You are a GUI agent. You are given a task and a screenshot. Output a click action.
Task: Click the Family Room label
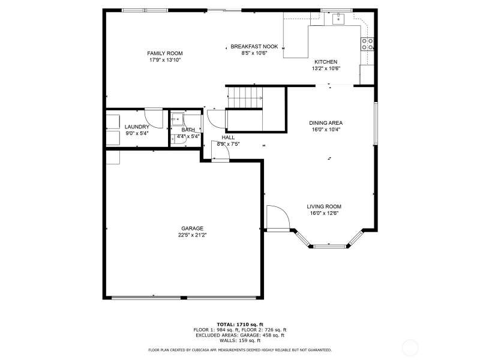click(164, 53)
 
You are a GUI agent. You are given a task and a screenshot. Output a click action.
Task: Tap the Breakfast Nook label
click(254, 47)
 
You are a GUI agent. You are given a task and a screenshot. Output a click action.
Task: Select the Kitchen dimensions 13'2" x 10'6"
click(326, 68)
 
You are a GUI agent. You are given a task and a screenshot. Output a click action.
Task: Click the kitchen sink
click(338, 19)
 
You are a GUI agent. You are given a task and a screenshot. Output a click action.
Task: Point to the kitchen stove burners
click(367, 44)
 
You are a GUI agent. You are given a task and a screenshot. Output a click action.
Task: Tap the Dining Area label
click(326, 123)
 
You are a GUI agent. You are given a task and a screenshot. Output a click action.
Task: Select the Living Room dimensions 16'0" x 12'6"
click(324, 214)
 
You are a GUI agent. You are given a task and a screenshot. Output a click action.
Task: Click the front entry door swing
click(278, 217)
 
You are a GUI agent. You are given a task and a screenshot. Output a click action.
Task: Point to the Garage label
click(192, 229)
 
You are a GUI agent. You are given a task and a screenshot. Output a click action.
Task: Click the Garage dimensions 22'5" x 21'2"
click(192, 235)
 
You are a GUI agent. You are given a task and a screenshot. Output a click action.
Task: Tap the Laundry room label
click(137, 127)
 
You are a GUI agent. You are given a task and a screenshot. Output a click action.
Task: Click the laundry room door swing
click(154, 118)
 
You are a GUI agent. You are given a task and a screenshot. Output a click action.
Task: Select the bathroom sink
click(177, 119)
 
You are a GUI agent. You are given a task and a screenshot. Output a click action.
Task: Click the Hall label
click(228, 137)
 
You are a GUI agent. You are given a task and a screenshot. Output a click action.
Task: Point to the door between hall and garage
click(220, 151)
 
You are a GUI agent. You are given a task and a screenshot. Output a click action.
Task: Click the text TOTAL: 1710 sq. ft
click(240, 325)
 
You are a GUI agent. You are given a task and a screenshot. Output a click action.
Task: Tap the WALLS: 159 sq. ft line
click(240, 340)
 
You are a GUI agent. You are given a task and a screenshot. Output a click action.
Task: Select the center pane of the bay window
click(329, 246)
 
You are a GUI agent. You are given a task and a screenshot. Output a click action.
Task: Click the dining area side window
click(376, 123)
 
